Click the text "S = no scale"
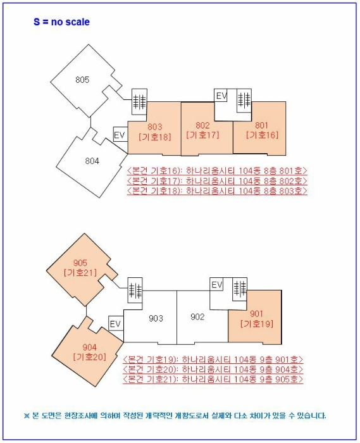coord(61,22)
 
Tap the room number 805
coord(82,80)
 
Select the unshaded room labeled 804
coord(92,161)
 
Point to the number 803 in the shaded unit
coord(155,127)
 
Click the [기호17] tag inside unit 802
coord(202,135)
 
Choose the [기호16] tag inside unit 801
coord(263,135)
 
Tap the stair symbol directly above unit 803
coord(139,101)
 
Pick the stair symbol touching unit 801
coord(244,101)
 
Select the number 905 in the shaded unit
coord(80,263)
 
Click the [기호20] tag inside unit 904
coord(90,357)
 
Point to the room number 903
coord(156,319)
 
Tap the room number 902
coord(197,317)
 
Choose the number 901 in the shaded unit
coord(256,314)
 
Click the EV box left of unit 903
coord(116,323)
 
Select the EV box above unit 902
coord(217,285)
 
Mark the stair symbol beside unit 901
coord(240,289)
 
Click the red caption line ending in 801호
coord(217,172)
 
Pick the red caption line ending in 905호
coord(213,379)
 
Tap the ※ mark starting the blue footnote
coord(27,416)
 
